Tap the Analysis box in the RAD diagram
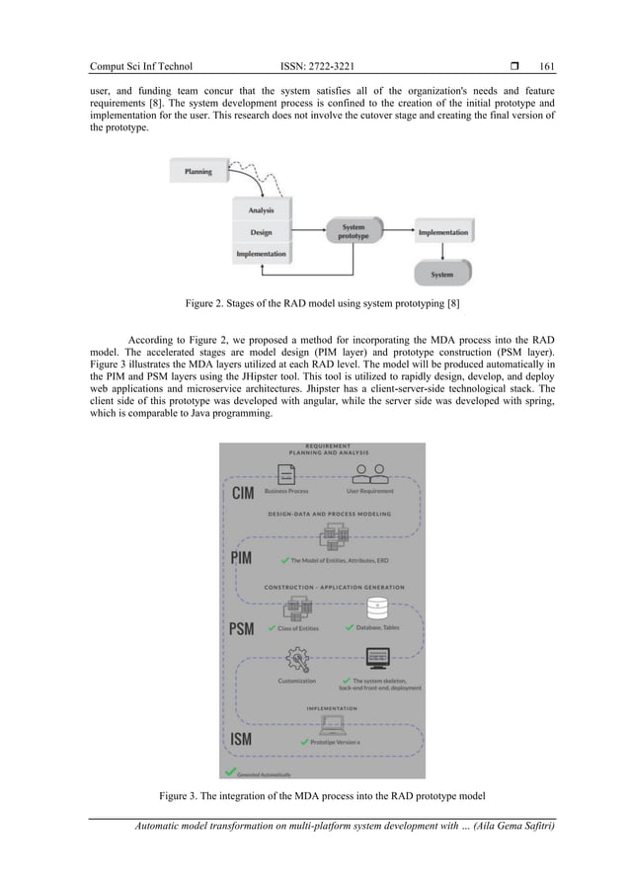pos(263,210)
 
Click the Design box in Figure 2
pos(263,233)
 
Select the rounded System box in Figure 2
pos(443,274)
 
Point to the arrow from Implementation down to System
pos(443,253)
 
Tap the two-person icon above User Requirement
pos(370,470)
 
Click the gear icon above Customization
pos(297,660)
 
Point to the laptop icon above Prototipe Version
pos(332,725)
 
